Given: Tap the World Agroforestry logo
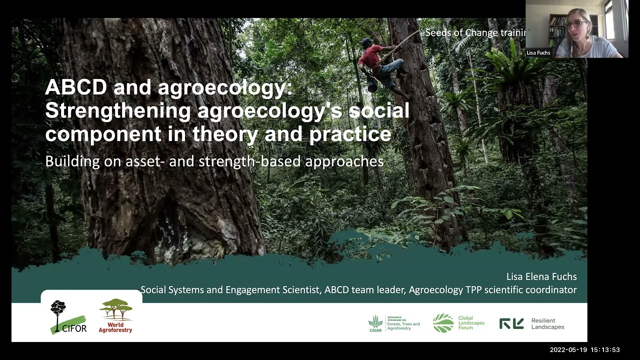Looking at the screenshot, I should point(115,316).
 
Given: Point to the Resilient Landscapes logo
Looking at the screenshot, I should point(531,324).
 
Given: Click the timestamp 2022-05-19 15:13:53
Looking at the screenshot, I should point(584,350).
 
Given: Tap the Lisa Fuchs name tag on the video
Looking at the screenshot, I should point(538,52).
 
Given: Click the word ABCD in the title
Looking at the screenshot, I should point(75,87).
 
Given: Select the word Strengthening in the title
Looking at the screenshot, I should point(117,110).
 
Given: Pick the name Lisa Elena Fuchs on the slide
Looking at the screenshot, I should point(541,276).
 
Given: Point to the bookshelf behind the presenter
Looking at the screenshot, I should point(557,30).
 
